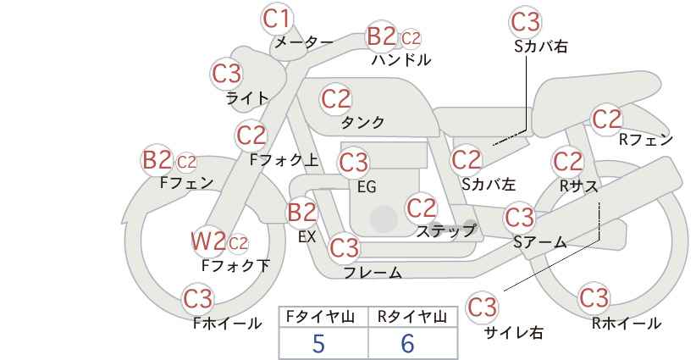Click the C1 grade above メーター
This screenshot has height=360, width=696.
coord(276,19)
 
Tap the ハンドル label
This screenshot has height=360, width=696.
coord(401,59)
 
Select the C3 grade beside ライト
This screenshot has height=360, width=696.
coord(226,74)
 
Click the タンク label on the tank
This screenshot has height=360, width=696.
coord(362,122)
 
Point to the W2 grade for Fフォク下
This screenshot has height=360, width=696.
coord(208,241)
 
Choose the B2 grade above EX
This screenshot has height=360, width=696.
coord(302,212)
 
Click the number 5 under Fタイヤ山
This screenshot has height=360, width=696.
coord(318,343)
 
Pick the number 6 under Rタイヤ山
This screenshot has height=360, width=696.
coord(407,343)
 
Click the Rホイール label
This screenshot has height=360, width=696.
coord(626,324)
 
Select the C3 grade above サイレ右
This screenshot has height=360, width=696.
coord(483,307)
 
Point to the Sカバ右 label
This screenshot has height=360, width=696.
coord(541,47)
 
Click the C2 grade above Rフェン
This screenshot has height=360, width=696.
coord(607,119)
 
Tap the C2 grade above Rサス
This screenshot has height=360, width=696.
coord(567,161)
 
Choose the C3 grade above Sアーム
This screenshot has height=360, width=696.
coord(519,218)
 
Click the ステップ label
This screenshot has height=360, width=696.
coord(445,231)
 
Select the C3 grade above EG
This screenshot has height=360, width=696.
coord(353,163)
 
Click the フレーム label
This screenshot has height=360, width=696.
coord(373,273)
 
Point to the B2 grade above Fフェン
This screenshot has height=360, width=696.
coord(157,160)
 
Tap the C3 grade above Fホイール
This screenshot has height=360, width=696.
coord(198,299)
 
